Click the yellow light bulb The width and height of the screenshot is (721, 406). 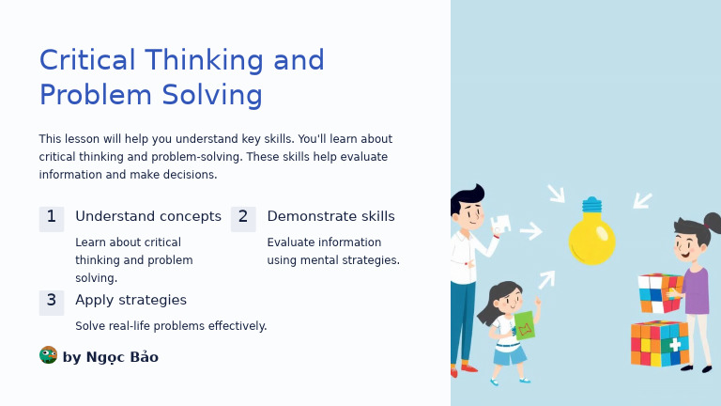point(591,239)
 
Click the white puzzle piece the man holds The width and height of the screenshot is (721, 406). point(501,224)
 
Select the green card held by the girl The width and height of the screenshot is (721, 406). point(524,325)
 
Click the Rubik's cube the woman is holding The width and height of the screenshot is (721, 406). point(660,292)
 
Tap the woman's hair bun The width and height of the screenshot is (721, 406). point(713,223)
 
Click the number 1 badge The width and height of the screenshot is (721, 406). point(52,218)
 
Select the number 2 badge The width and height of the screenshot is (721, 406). point(243,218)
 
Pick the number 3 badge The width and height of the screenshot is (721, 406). point(52,302)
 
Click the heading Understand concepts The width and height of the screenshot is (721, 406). point(148,217)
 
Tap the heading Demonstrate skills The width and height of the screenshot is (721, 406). point(330,217)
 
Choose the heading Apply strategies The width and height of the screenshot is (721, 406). point(130,301)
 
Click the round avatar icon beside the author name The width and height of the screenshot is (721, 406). point(48,355)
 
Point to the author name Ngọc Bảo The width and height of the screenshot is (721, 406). point(122,357)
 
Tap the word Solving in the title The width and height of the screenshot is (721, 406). point(211,96)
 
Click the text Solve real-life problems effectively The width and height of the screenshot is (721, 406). point(171,326)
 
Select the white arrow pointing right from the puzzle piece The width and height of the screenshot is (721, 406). point(531,231)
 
